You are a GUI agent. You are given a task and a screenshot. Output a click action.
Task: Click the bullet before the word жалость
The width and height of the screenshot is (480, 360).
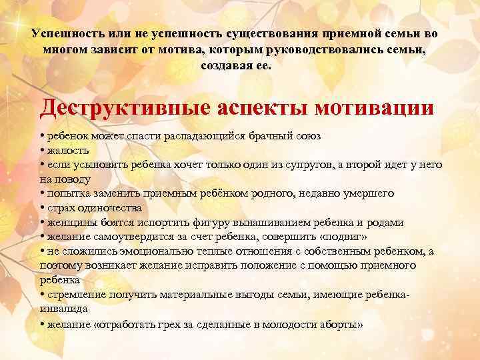(x=42, y=150)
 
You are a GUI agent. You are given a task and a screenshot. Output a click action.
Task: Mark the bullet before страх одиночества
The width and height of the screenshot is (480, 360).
(x=42, y=208)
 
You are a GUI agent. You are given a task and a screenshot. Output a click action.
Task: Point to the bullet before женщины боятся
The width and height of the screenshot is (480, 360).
(x=42, y=223)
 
